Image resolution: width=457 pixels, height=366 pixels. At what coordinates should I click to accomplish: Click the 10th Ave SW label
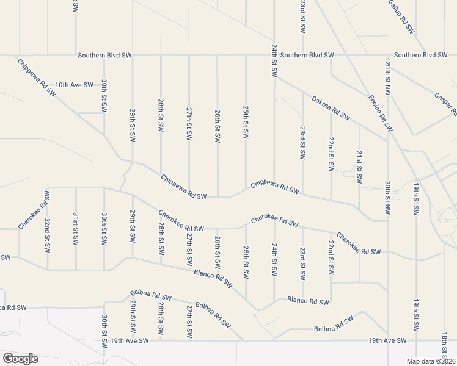(74, 85)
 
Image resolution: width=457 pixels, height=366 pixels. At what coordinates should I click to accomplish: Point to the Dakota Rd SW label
(331, 107)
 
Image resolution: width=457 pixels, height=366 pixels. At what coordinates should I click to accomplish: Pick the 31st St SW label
(75, 229)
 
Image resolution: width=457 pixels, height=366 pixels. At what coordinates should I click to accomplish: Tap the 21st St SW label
(359, 167)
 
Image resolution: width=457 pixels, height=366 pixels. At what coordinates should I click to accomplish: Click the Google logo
(20, 359)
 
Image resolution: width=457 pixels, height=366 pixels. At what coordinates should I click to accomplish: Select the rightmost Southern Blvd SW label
(420, 55)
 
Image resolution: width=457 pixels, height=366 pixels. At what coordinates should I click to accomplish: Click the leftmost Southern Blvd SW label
(104, 55)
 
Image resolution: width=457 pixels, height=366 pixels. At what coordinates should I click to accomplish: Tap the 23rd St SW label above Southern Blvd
(302, 16)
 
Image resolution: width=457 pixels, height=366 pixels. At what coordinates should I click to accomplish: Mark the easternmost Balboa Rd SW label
(334, 325)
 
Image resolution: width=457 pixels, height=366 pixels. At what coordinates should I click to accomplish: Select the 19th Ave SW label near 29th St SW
(127, 340)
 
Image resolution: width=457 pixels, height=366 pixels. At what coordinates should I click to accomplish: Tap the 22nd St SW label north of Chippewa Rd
(331, 157)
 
